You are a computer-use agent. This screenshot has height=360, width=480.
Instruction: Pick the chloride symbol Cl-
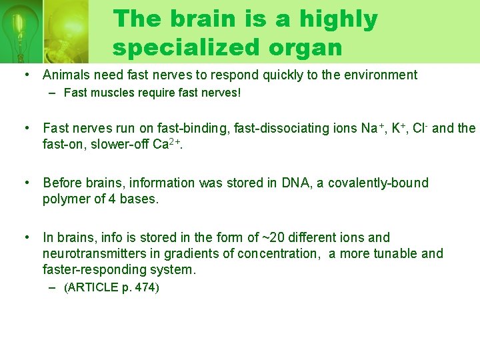[x=419, y=127]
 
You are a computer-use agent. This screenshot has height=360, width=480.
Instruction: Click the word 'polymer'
[x=65, y=199]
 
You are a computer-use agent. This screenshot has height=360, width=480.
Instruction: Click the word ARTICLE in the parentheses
[x=91, y=288]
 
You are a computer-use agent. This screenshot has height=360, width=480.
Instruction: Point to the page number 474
[x=146, y=288]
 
